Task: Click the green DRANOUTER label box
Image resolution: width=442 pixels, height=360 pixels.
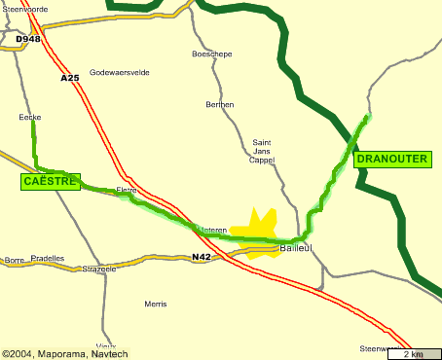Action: pos(392,159)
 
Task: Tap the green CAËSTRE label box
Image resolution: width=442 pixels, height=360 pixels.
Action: pos(50,181)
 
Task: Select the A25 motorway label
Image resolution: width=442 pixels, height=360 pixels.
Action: pos(69,78)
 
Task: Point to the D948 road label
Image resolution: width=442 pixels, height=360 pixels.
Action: pos(29,40)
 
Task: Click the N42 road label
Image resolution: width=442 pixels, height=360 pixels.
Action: pos(202,257)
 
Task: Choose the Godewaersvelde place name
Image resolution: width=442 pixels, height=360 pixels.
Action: pos(120,72)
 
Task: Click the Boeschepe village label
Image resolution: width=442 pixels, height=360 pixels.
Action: pos(212,54)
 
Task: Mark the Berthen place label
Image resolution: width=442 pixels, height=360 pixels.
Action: pos(220,104)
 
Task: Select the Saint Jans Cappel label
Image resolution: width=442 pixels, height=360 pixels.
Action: pos(261,151)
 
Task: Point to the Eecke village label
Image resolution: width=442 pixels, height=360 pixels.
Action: pos(30,117)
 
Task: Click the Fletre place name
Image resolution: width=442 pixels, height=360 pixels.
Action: pos(127,190)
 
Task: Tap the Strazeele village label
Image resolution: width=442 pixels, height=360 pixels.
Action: pos(99,269)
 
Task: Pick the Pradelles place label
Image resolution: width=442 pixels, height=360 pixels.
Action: pos(48,259)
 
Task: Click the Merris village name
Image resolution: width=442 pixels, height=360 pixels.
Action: pos(155,304)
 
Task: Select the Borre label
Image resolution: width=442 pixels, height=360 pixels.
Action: pos(14,260)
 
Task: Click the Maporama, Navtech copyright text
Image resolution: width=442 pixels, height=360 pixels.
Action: pos(64,353)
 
